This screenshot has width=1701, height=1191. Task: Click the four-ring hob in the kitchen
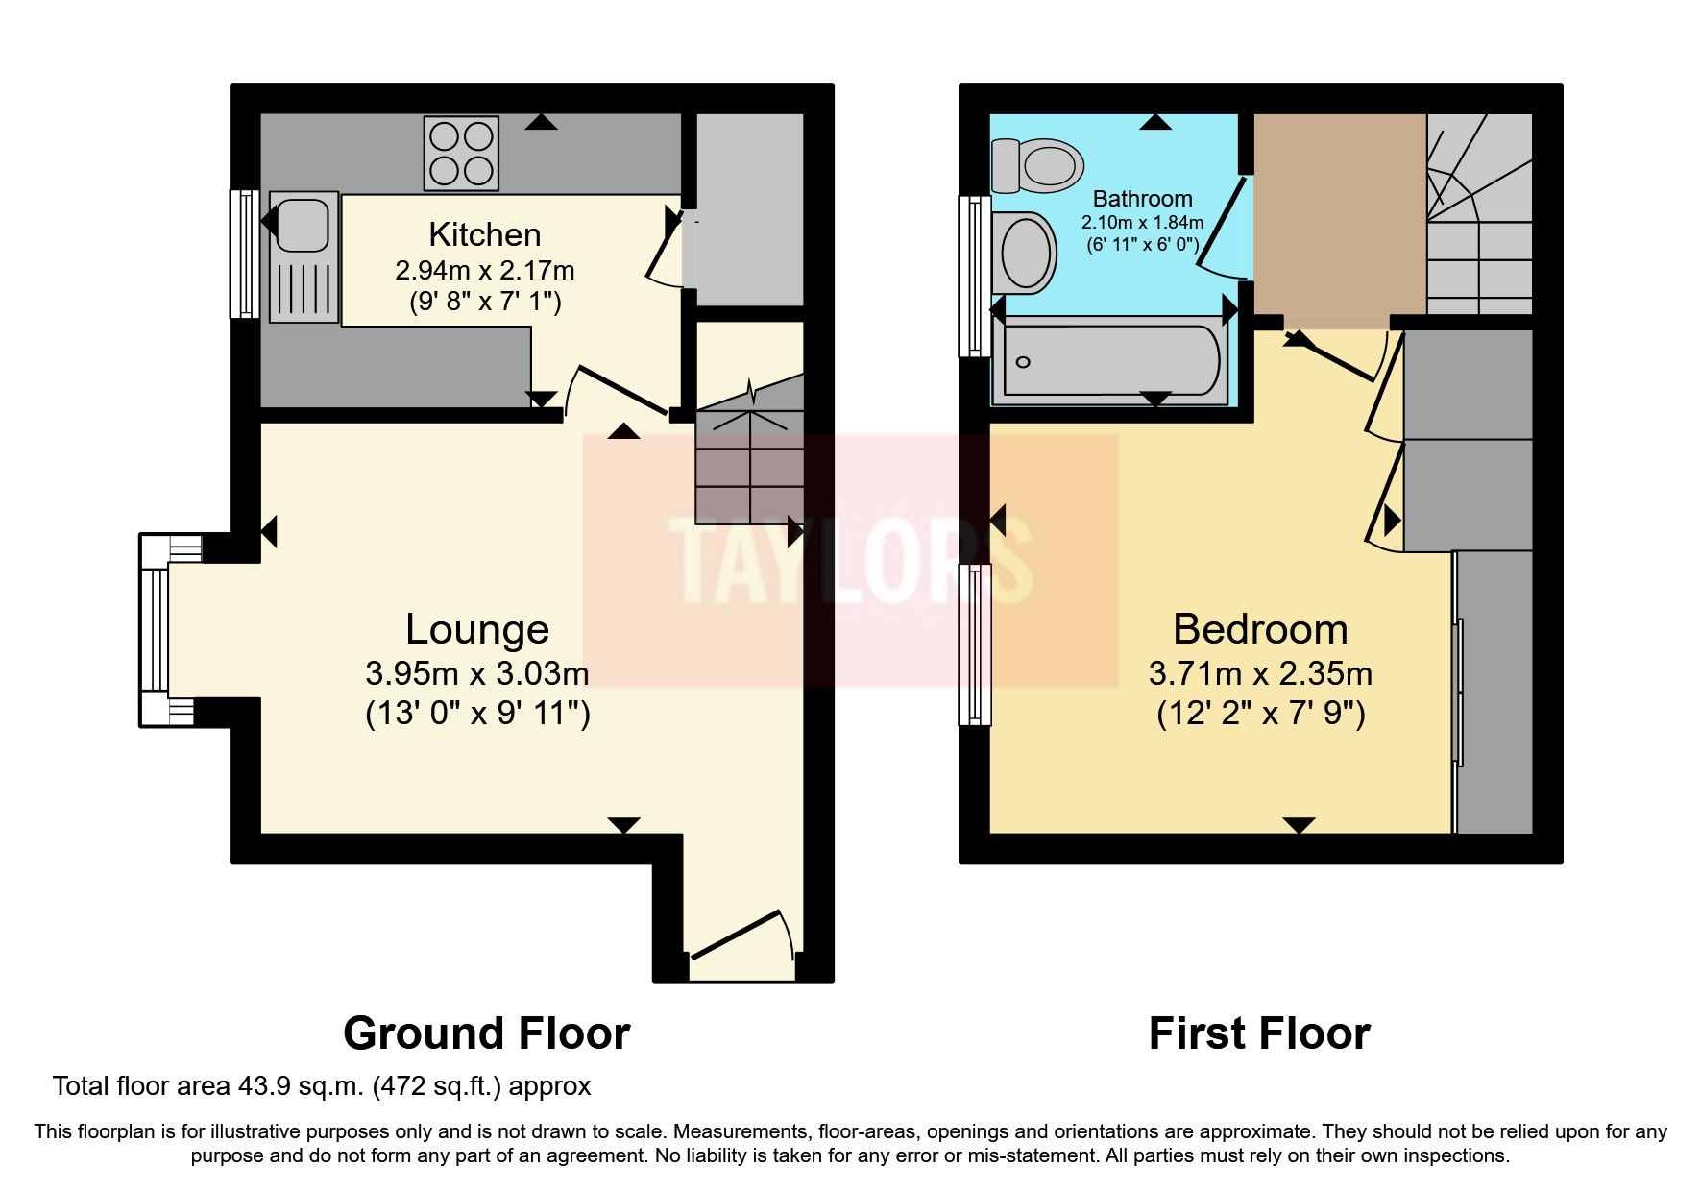pyautogui.click(x=461, y=153)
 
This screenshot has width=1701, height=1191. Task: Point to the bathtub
pyautogui.click(x=1111, y=361)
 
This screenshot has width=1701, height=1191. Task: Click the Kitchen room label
pyautogui.click(x=484, y=234)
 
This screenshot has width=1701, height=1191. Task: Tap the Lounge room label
pyautogui.click(x=477, y=630)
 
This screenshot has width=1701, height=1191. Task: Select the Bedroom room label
pyautogui.click(x=1260, y=630)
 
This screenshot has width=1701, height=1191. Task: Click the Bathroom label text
pyautogui.click(x=1142, y=199)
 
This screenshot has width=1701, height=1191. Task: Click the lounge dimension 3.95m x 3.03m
pyautogui.click(x=477, y=673)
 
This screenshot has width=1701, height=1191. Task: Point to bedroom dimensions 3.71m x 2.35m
pyautogui.click(x=1260, y=673)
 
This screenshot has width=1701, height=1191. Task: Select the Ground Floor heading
pyautogui.click(x=486, y=1033)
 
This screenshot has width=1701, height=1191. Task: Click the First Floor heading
pyautogui.click(x=1259, y=1033)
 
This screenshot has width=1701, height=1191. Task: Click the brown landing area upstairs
pyautogui.click(x=1339, y=213)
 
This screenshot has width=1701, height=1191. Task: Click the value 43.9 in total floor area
pyautogui.click(x=261, y=1086)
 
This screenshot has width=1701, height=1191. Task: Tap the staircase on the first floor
pyautogui.click(x=1477, y=216)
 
